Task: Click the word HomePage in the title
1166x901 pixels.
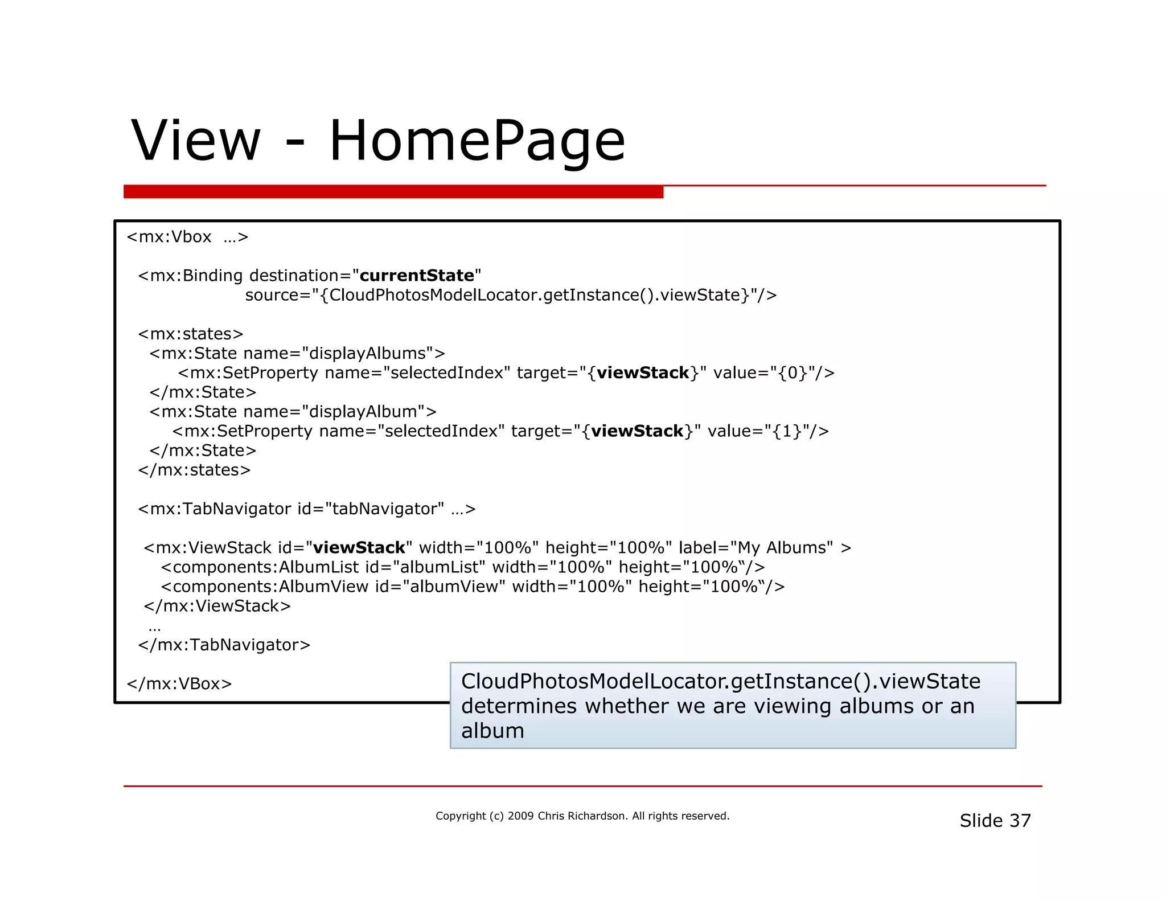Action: click(x=477, y=141)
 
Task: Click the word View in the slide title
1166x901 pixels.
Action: click(x=196, y=141)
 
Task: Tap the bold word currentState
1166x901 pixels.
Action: click(x=417, y=276)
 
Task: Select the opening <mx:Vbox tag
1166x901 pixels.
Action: click(x=169, y=237)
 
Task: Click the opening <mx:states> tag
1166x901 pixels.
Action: click(x=191, y=334)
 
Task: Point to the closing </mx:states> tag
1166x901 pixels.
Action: click(x=194, y=470)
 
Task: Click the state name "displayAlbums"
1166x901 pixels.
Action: click(x=367, y=353)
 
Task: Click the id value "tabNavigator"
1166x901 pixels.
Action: click(x=384, y=509)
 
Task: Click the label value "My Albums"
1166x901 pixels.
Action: click(x=782, y=548)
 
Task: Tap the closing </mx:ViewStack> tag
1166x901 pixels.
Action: click(x=217, y=606)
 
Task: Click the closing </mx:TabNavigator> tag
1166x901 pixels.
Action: click(x=224, y=645)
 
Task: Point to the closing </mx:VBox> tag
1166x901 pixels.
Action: click(x=179, y=683)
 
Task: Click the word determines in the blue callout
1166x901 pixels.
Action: click(x=519, y=706)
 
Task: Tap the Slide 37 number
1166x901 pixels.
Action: click(x=995, y=821)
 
